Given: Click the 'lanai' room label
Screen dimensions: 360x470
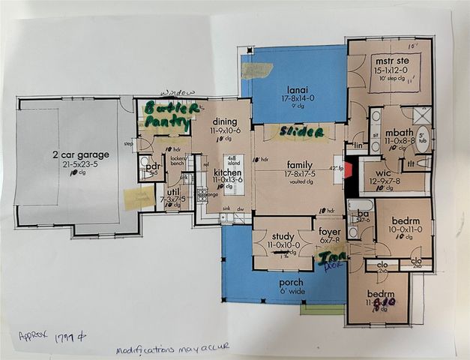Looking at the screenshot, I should coord(298,88).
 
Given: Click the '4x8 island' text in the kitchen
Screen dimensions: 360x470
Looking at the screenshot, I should coord(232,161).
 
